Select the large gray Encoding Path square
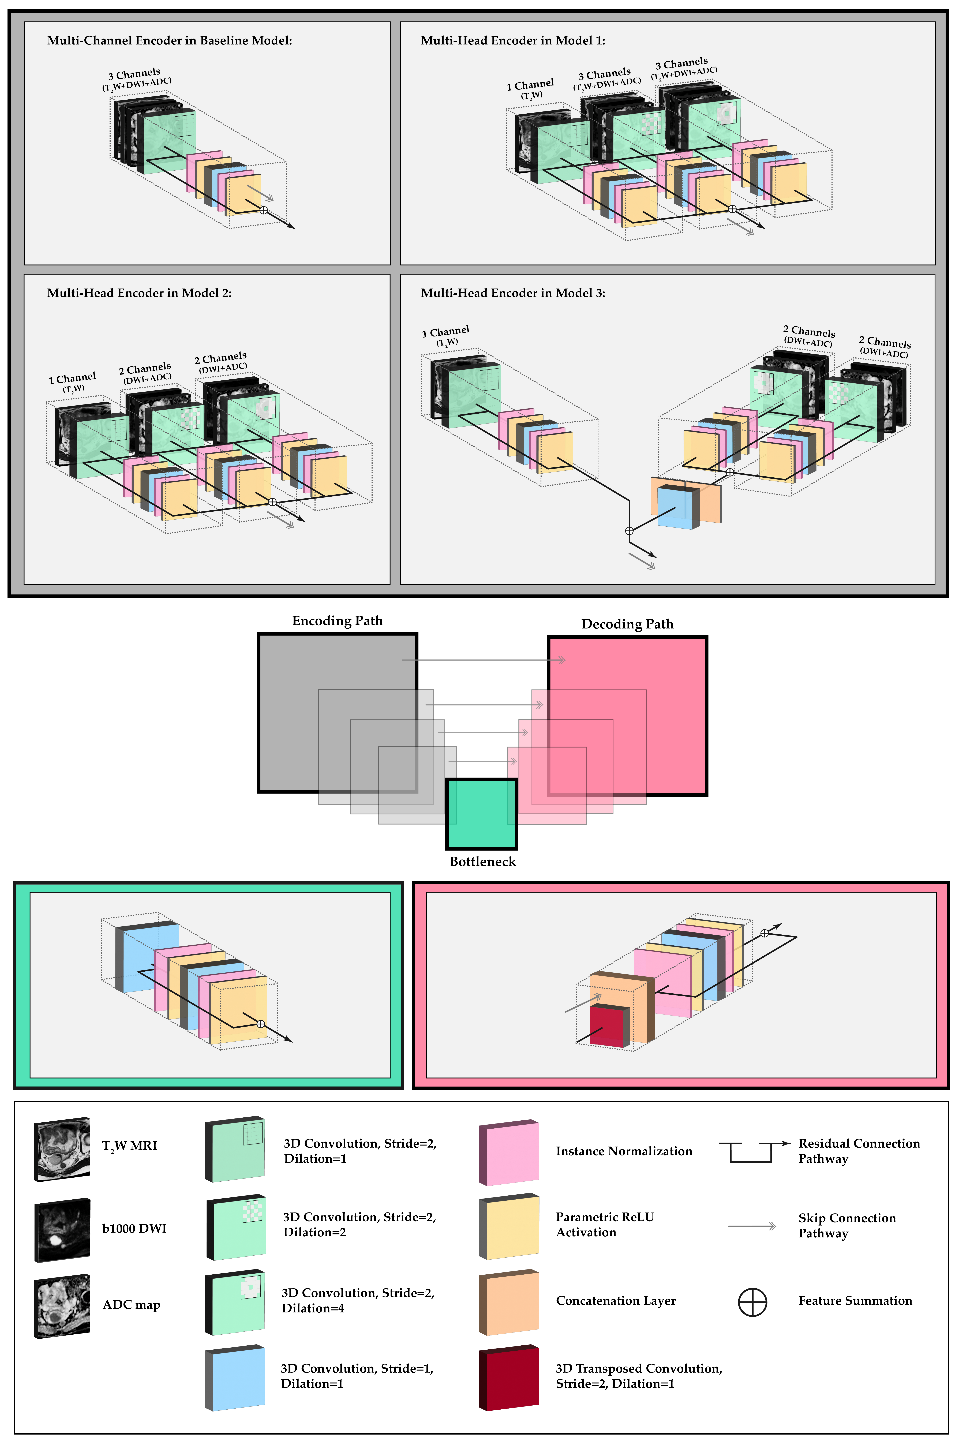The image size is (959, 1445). (306, 673)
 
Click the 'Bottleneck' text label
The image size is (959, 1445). (483, 862)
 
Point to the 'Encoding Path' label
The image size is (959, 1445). (337, 621)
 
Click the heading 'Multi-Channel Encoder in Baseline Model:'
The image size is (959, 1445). (169, 40)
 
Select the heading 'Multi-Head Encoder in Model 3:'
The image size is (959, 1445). (512, 293)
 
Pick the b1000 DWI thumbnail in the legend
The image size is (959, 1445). (62, 1229)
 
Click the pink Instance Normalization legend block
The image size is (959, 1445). (509, 1151)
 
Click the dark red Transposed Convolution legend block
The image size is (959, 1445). (509, 1378)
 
